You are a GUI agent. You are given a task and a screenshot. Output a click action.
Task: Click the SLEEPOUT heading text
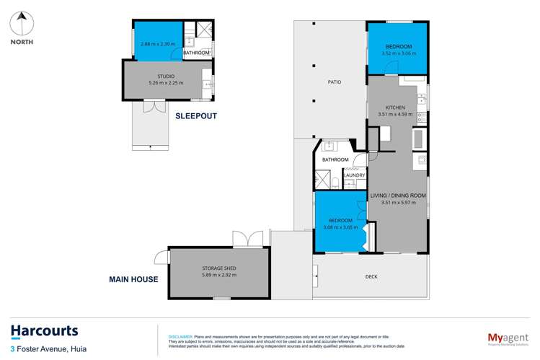195,115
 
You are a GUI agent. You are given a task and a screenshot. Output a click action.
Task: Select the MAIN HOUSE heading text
133,278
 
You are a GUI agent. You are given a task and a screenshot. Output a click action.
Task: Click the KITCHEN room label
395,107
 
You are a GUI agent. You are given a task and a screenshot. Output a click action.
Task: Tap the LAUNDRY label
354,175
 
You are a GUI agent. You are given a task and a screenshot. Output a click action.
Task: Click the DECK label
371,276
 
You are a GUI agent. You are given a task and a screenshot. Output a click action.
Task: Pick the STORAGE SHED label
219,268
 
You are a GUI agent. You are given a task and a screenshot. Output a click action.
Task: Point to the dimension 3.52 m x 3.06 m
397,52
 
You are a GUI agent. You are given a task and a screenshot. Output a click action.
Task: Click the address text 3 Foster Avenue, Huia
50,349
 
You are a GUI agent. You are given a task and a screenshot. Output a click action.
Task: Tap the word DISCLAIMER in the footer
180,336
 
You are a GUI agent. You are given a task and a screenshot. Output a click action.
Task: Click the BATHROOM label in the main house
335,159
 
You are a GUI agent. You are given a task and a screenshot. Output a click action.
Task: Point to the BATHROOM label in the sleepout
196,53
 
